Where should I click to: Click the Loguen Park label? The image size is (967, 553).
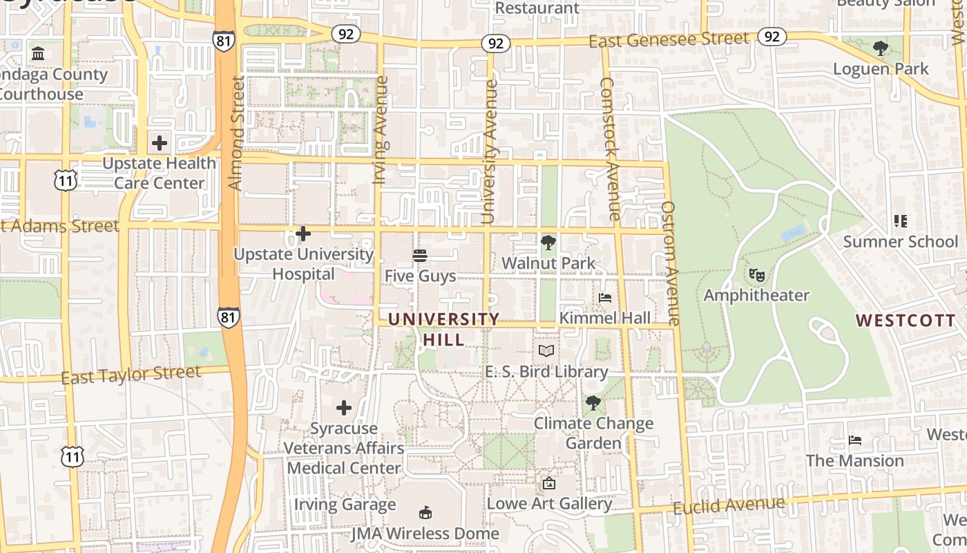pyautogui.click(x=881, y=69)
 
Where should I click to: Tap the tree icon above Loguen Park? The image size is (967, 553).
pyautogui.click(x=881, y=48)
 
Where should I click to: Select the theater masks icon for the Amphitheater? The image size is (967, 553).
pyautogui.click(x=757, y=275)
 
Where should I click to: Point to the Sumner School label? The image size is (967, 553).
pyautogui.click(x=901, y=241)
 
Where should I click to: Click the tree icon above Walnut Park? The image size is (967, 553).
pyautogui.click(x=548, y=243)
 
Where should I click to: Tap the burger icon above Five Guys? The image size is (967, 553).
pyautogui.click(x=420, y=256)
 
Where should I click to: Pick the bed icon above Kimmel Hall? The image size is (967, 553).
pyautogui.click(x=605, y=298)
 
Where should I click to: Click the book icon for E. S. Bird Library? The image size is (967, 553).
pyautogui.click(x=546, y=350)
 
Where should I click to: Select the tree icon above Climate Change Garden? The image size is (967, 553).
pyautogui.click(x=593, y=403)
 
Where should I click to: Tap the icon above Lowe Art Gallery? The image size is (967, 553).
pyautogui.click(x=549, y=483)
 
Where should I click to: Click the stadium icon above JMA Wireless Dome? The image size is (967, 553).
pyautogui.click(x=425, y=513)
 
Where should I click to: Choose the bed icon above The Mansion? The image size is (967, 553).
pyautogui.click(x=855, y=440)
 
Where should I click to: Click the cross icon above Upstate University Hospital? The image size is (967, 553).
pyautogui.click(x=303, y=234)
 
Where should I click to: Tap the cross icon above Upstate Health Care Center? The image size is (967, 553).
pyautogui.click(x=160, y=143)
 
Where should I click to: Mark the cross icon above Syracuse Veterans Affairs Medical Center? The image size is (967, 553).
pyautogui.click(x=343, y=408)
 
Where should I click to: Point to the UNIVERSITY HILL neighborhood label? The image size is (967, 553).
pyautogui.click(x=443, y=329)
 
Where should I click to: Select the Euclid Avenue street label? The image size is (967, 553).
pyautogui.click(x=729, y=506)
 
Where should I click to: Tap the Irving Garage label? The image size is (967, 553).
pyautogui.click(x=345, y=505)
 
